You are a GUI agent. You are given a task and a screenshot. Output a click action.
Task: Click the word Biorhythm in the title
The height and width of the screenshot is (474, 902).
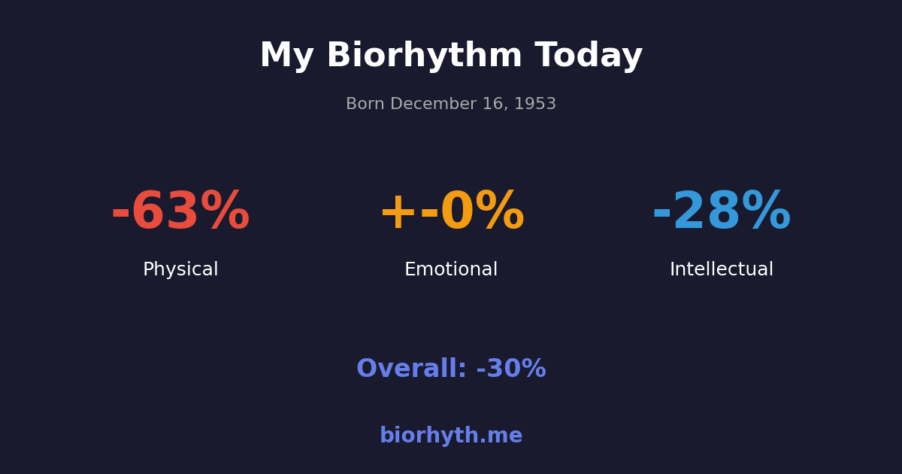pyautogui.click(x=424, y=57)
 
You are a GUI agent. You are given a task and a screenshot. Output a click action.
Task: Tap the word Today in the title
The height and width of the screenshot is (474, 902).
pyautogui.click(x=589, y=57)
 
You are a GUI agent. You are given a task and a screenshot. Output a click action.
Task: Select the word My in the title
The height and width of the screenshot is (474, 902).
pyautogui.click(x=286, y=57)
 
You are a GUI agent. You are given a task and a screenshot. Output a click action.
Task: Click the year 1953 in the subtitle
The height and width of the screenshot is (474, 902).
pyautogui.click(x=535, y=105)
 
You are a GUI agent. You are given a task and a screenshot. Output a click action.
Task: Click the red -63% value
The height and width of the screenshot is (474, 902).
pyautogui.click(x=180, y=213)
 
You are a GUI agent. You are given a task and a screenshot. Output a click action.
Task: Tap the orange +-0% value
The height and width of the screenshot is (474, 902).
pyautogui.click(x=451, y=213)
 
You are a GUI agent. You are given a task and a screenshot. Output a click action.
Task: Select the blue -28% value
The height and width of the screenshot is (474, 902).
pyautogui.click(x=722, y=213)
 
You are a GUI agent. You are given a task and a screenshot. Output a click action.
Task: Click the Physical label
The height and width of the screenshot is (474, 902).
pyautogui.click(x=180, y=270)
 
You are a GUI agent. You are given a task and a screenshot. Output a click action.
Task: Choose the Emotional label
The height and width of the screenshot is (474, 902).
pyautogui.click(x=451, y=270)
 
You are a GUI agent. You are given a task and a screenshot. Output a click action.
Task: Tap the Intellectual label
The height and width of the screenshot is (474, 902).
pyautogui.click(x=722, y=270)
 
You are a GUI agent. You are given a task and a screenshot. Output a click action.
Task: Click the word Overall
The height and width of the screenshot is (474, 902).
pyautogui.click(x=411, y=369)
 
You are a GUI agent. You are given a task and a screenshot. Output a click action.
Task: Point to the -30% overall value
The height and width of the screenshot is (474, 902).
pyautogui.click(x=511, y=369)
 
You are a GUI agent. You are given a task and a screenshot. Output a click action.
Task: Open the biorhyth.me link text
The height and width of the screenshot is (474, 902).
pyautogui.click(x=451, y=436)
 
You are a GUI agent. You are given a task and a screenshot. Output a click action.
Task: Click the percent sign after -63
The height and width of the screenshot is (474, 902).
pyautogui.click(x=225, y=213)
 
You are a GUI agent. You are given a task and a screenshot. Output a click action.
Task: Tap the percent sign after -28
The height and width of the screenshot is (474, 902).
pyautogui.click(x=766, y=213)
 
